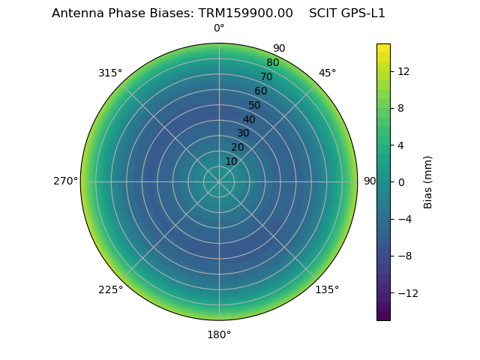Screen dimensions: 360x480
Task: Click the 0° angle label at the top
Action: pyautogui.click(x=219, y=28)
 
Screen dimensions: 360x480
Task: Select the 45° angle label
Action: pyautogui.click(x=327, y=73)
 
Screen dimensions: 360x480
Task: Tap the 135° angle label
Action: pyautogui.click(x=327, y=289)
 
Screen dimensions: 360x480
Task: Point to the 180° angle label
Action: pyautogui.click(x=219, y=334)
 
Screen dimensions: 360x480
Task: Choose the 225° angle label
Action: pyautogui.click(x=110, y=289)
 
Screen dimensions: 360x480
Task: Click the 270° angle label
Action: pyautogui.click(x=65, y=181)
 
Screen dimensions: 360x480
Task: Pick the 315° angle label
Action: pyautogui.click(x=110, y=73)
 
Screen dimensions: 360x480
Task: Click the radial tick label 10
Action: pyautogui.click(x=231, y=161)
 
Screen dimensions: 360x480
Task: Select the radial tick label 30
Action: pyautogui.click(x=243, y=133)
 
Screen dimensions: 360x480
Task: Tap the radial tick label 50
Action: pyautogui.click(x=255, y=105)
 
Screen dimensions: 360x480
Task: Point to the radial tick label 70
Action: pyautogui.click(x=266, y=76)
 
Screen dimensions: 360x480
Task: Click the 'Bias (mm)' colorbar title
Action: pyautogui.click(x=428, y=181)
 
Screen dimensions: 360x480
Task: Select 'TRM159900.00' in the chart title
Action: pyautogui.click(x=245, y=13)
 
